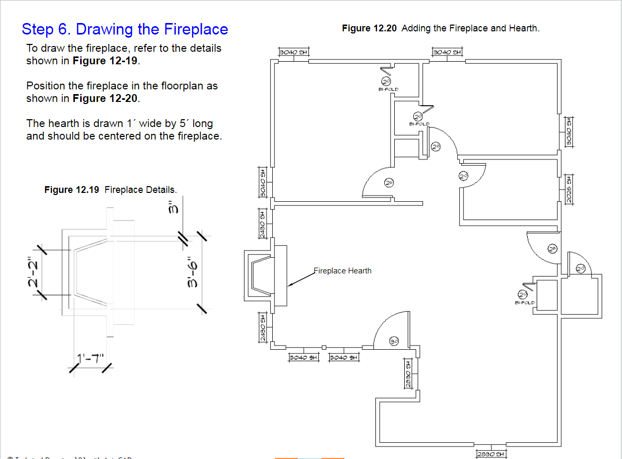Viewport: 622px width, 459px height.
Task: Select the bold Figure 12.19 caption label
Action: pyautogui.click(x=72, y=190)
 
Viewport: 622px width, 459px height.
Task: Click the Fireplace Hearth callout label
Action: pyautogui.click(x=343, y=271)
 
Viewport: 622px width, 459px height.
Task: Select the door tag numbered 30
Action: pyautogui.click(x=395, y=341)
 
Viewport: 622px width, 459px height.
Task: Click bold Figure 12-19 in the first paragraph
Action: pyautogui.click(x=107, y=61)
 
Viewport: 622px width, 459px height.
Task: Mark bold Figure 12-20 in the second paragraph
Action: pyautogui.click(x=107, y=98)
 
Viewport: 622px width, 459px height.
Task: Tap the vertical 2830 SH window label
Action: pyautogui.click(x=407, y=373)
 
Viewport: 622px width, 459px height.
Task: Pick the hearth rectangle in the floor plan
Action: pyautogui.click(x=281, y=276)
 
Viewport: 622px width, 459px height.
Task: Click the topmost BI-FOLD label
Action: pyautogui.click(x=388, y=89)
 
